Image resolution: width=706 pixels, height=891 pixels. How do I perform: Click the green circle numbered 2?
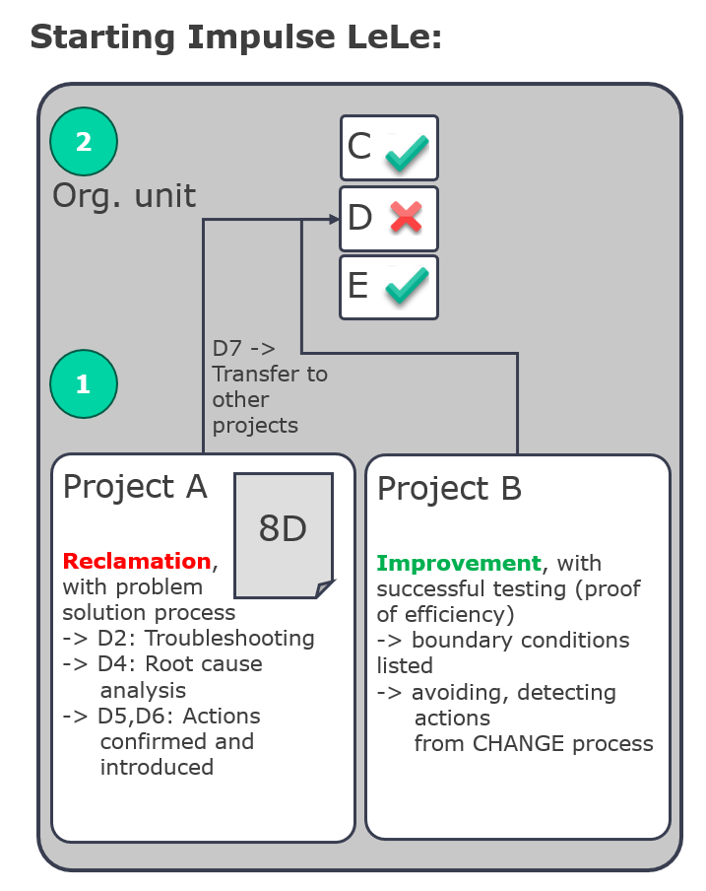pos(84,142)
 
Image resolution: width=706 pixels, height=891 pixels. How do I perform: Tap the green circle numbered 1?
pos(84,384)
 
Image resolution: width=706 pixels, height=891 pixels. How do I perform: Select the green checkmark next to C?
pos(407,153)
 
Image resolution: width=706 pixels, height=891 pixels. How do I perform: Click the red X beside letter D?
pos(407,218)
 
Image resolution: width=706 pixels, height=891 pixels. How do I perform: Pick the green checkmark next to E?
pos(407,285)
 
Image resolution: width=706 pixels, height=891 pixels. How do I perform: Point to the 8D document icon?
pos(284,535)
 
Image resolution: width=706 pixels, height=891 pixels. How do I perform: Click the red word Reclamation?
pos(137,561)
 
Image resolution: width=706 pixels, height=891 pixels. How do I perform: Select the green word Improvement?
pos(459,563)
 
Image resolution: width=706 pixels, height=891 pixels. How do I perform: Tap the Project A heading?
pos(135,488)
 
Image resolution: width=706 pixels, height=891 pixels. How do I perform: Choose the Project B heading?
pos(449,489)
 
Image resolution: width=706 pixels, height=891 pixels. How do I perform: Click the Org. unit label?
pos(124,196)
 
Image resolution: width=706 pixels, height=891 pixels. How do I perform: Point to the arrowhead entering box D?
pos(334,220)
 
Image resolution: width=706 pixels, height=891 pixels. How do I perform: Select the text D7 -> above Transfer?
pos(244,348)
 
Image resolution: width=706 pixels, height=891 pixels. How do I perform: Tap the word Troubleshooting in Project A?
pos(229,639)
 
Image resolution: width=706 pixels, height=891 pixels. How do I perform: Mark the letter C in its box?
pos(359,146)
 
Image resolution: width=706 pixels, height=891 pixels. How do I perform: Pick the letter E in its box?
pos(358,285)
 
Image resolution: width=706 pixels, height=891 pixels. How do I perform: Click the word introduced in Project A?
pos(158,767)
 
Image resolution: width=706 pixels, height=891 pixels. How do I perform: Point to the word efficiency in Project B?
pos(459,615)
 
